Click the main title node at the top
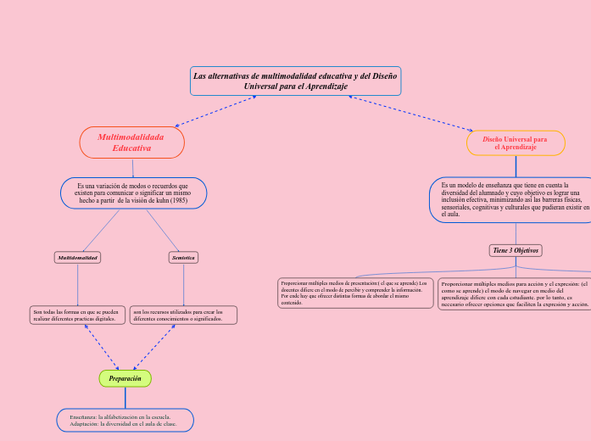(296, 81)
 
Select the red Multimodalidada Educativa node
(131, 142)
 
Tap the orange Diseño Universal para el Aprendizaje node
(516, 142)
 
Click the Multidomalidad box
(77, 257)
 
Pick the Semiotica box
(183, 257)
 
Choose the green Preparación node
(125, 378)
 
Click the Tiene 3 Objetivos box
(516, 250)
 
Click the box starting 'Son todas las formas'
(77, 315)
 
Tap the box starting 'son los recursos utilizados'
(183, 315)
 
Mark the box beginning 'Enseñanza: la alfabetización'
(125, 421)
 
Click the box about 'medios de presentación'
(355, 292)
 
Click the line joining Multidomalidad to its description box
(77, 284)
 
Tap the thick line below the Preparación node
(125, 398)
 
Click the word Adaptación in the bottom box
(84, 424)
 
